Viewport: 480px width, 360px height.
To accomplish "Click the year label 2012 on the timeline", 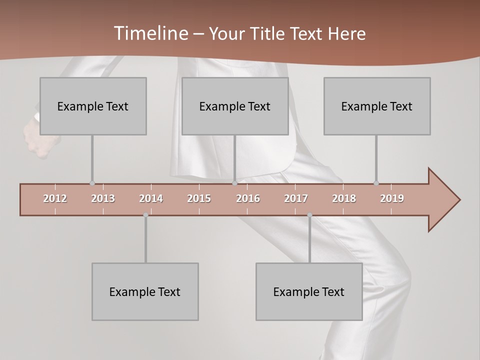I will click(55, 198).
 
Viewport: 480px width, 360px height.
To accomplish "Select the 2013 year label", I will click(103, 198).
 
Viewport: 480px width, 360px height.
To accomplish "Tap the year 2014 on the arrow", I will click(151, 198).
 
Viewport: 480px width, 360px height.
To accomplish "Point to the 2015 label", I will click(199, 198).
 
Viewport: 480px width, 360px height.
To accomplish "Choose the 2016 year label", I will click(248, 198).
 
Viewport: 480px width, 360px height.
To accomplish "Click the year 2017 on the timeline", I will click(296, 198).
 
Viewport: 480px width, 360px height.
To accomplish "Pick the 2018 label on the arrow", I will click(344, 198).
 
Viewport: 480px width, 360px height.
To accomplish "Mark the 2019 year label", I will click(392, 198).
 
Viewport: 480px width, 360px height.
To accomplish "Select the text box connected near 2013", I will click(93, 106).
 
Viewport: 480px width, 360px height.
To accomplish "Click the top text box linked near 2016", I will click(235, 106).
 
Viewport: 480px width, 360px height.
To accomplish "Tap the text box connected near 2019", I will click(377, 106).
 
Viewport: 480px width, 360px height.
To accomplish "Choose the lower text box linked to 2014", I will click(145, 291).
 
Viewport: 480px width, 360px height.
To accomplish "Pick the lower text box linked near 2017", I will click(309, 291).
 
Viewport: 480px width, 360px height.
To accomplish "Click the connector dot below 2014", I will click(145, 215).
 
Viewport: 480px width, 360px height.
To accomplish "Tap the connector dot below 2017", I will click(309, 215).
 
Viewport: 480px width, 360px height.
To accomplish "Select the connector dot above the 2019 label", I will click(376, 183).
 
